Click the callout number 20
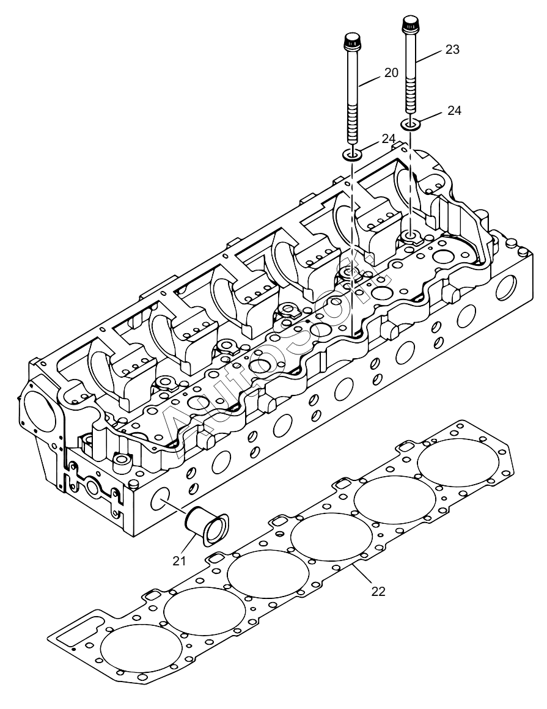pyautogui.click(x=391, y=72)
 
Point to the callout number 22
pyautogui.click(x=378, y=592)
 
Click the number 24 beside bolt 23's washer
pyautogui.click(x=454, y=111)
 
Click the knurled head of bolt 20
pyautogui.click(x=351, y=45)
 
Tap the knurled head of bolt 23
pyautogui.click(x=409, y=26)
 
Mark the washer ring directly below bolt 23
pyautogui.click(x=411, y=125)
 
